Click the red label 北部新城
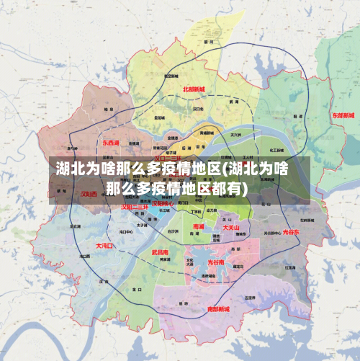(x=194, y=90)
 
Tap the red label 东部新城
(x=343, y=115)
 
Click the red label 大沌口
(x=105, y=246)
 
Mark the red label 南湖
(x=199, y=226)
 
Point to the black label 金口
(x=136, y=290)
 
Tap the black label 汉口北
(x=199, y=109)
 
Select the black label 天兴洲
(x=235, y=134)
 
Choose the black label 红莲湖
(x=289, y=267)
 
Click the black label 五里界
(x=250, y=296)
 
